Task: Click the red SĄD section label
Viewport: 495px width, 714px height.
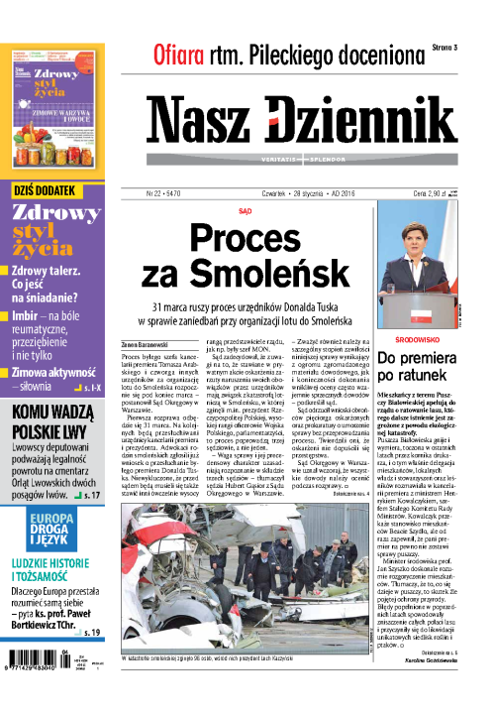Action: (245, 210)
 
